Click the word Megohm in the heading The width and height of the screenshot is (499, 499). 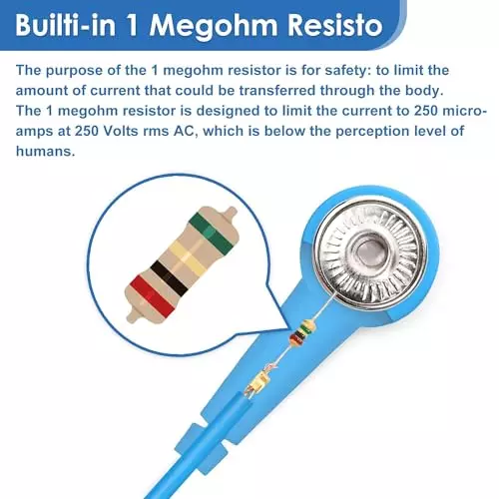[214, 26]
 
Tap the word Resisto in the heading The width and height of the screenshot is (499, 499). [335, 25]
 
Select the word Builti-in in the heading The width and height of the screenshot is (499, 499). [65, 25]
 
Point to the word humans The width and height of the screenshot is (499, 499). [46, 151]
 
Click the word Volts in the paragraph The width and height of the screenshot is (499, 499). [120, 131]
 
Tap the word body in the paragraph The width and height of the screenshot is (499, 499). [427, 91]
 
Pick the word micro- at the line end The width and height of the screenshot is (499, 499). [465, 111]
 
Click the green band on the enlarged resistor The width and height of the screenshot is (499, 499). [211, 231]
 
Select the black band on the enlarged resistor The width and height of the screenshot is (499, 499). [169, 277]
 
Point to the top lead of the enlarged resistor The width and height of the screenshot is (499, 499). [230, 213]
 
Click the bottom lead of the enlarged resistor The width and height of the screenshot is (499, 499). [134, 316]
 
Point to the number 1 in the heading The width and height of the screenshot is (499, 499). [133, 26]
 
